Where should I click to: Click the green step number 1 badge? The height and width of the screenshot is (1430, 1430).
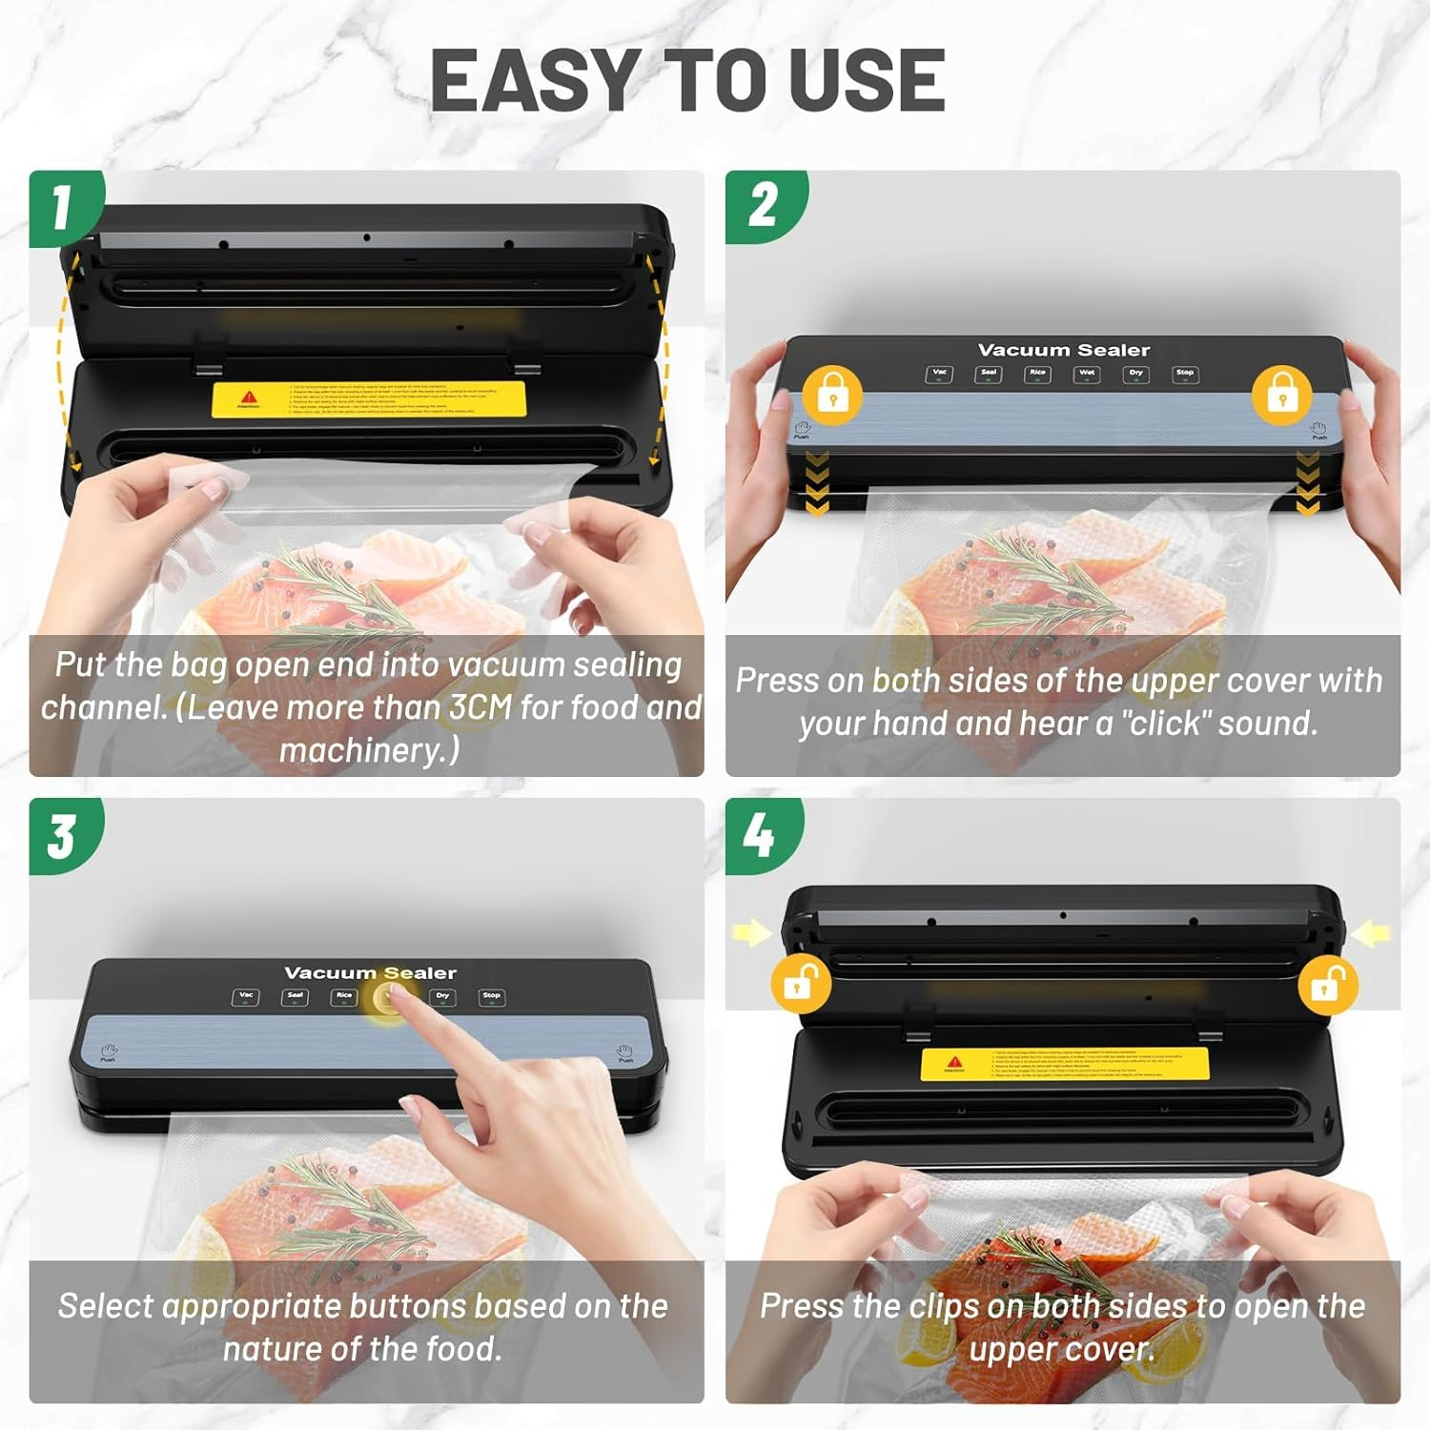pyautogui.click(x=63, y=207)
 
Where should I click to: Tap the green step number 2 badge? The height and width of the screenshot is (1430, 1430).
pyautogui.click(x=763, y=205)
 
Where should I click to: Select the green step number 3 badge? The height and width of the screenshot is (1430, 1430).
pyautogui.click(x=63, y=835)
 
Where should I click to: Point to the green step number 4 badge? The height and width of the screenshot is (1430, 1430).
pyautogui.click(x=760, y=835)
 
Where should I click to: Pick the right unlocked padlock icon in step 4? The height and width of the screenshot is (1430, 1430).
pyautogui.click(x=1327, y=984)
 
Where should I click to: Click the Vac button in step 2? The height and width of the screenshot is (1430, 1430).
pyautogui.click(x=939, y=374)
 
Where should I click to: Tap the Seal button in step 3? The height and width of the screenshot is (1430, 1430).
pyautogui.click(x=295, y=996)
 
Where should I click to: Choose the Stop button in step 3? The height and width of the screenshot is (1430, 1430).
pyautogui.click(x=491, y=996)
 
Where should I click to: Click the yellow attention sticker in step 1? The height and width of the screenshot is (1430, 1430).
pyautogui.click(x=368, y=400)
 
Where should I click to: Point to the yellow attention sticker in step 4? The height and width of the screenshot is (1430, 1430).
pyautogui.click(x=1065, y=1064)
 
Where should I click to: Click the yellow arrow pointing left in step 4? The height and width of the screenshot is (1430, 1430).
pyautogui.click(x=1371, y=933)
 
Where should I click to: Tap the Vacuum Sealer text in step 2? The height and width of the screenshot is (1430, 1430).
pyautogui.click(x=1064, y=350)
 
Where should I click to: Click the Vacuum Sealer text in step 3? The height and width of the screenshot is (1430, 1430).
pyautogui.click(x=370, y=973)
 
